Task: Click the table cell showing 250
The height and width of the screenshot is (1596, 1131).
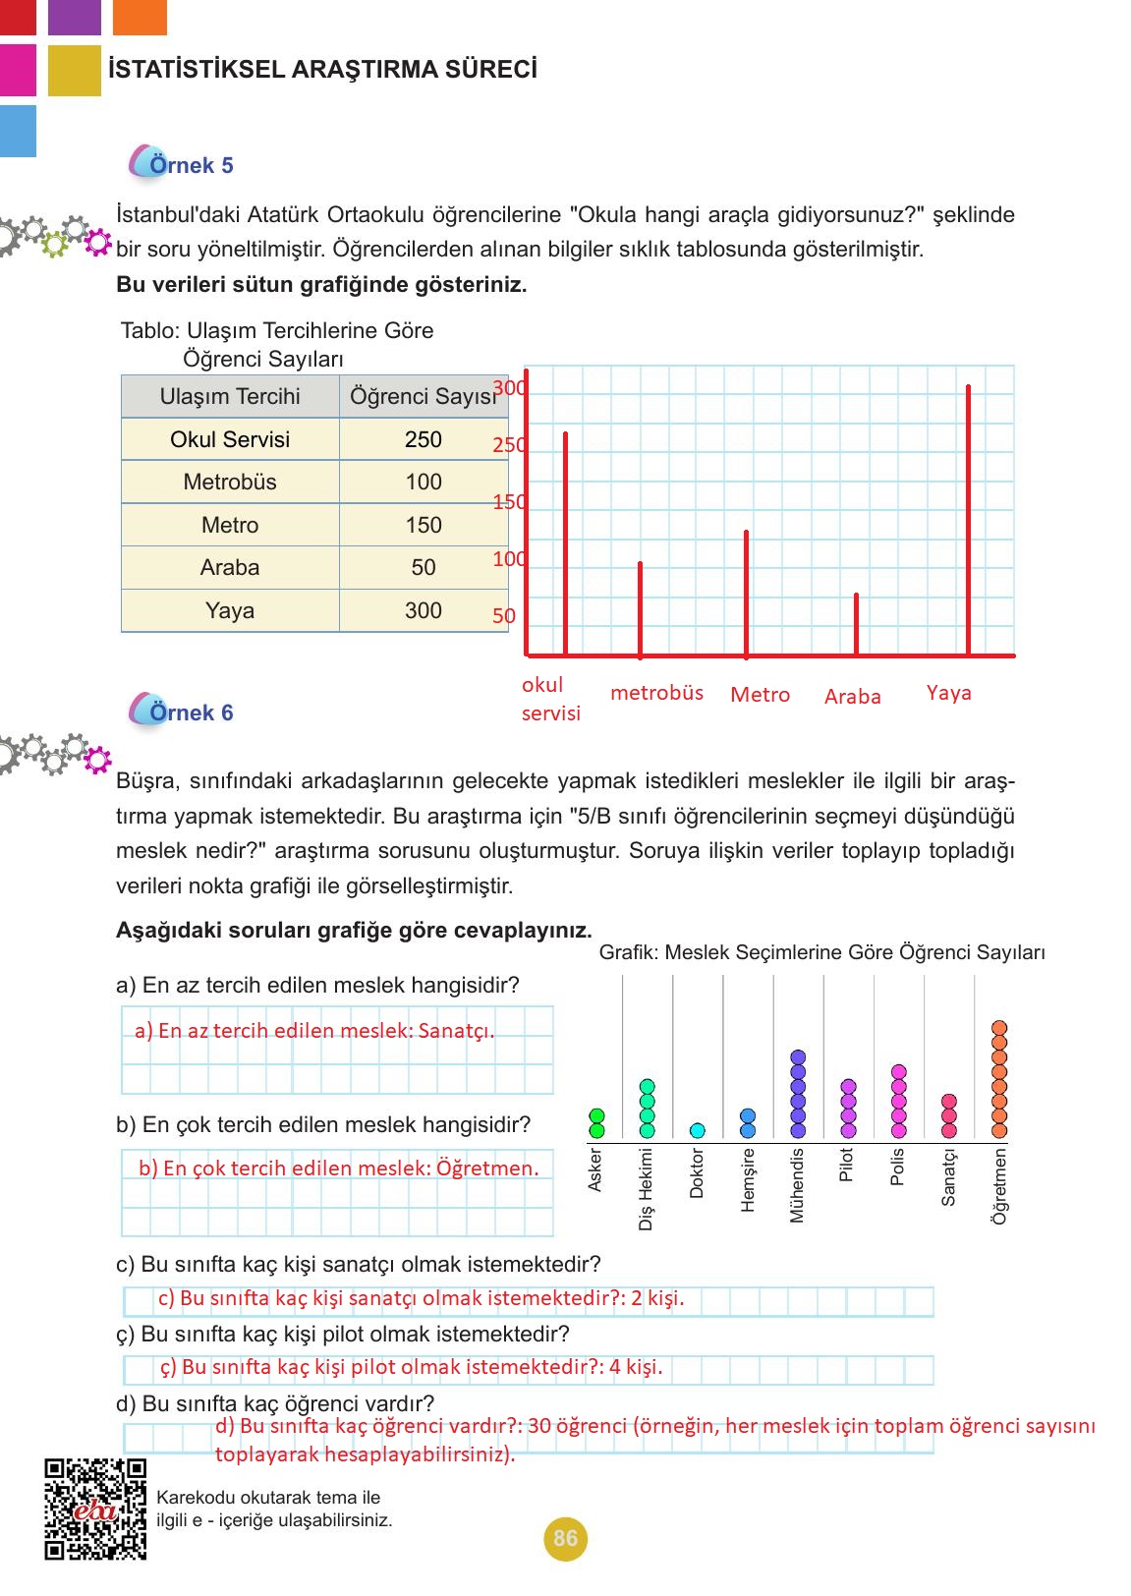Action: [x=424, y=439]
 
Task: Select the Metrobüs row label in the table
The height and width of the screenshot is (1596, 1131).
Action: [x=230, y=482]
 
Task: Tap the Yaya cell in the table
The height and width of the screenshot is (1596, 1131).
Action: [x=230, y=610]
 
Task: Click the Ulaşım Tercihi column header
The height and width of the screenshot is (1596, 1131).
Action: [x=230, y=396]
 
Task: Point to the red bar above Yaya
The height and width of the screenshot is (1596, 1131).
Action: [x=968, y=521]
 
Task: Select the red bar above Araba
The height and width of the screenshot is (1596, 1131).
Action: [x=856, y=625]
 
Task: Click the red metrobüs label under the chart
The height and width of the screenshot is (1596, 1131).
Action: [x=656, y=693]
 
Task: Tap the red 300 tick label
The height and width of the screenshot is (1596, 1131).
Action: [x=509, y=387]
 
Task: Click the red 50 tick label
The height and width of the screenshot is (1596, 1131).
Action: [x=503, y=616]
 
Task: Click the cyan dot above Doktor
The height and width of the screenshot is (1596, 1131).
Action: [x=698, y=1130]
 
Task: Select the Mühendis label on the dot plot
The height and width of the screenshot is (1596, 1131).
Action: [x=797, y=1185]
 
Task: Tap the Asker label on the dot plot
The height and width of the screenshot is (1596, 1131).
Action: [x=595, y=1170]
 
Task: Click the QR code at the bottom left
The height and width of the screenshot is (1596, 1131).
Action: [x=95, y=1510]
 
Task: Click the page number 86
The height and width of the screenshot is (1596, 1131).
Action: [x=565, y=1538]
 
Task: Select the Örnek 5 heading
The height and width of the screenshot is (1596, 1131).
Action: [x=191, y=165]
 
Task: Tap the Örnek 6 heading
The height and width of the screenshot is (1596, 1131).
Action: [x=191, y=712]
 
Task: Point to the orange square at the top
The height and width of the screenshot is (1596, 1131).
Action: [x=140, y=17]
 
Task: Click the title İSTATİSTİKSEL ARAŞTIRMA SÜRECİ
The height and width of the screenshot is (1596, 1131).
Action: [x=322, y=70]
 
